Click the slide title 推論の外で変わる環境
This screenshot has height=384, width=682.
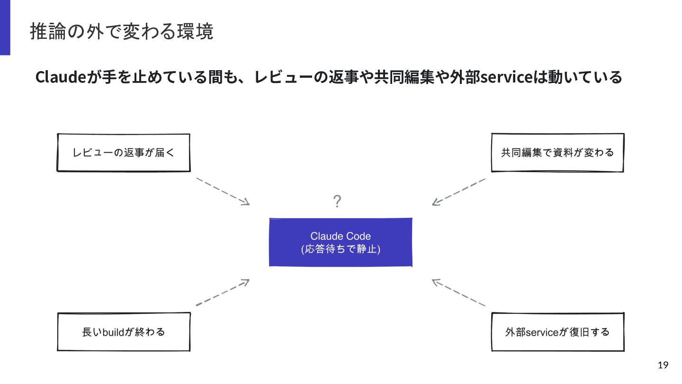[121, 31]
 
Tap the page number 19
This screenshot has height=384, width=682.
[663, 365]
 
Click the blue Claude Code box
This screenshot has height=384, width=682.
[341, 242]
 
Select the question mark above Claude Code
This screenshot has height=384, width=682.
[337, 201]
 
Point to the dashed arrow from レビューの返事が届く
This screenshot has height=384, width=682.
[223, 192]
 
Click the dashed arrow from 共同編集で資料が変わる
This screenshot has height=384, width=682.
[458, 192]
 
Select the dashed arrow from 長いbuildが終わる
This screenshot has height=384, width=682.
[223, 292]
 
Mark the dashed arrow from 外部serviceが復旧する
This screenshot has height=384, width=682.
[458, 292]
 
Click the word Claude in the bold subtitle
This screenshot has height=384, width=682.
[61, 77]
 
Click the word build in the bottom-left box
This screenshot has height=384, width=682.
[113, 332]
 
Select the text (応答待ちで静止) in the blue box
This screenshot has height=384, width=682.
[341, 249]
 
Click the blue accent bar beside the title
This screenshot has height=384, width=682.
[5, 27]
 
